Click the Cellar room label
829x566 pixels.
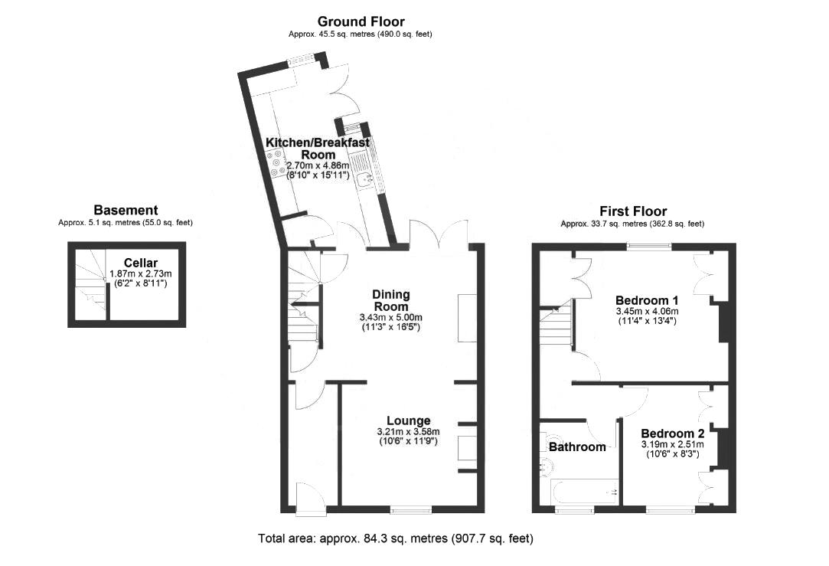141,263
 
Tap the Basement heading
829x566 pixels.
126,210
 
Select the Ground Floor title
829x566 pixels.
361,21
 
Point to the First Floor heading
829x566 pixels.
632,211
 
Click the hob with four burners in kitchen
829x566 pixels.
274,163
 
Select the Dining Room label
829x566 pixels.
391,299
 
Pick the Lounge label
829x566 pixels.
408,420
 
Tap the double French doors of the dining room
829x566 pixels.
439,234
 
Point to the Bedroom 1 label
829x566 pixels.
647,299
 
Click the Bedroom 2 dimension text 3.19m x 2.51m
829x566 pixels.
672,443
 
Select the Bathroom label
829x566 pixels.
576,447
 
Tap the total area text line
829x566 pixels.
395,538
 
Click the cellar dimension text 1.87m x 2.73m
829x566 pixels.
141,273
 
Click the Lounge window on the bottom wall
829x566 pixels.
410,509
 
